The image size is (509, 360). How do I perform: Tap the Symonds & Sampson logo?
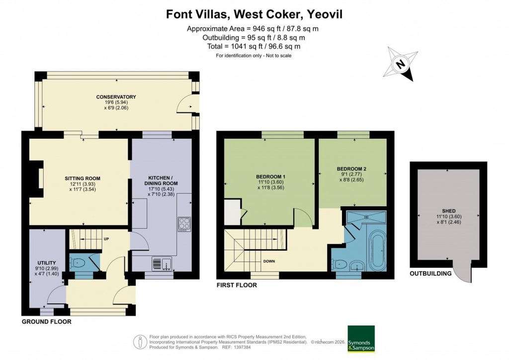pyautogui.click(x=360, y=339)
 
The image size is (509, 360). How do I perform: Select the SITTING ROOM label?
pyautogui.click(x=83, y=178)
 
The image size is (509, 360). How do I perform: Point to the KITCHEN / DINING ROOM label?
pyautogui.click(x=160, y=180)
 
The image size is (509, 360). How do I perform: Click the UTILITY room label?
pyautogui.click(x=47, y=263)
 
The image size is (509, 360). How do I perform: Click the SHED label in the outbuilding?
pyautogui.click(x=448, y=211)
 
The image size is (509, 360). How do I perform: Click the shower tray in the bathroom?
pyautogui.click(x=365, y=217)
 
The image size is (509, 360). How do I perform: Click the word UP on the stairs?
pyautogui.click(x=106, y=238)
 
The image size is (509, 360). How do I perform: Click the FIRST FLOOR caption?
pyautogui.click(x=237, y=285)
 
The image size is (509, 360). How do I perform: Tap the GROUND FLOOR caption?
pyautogui.click(x=46, y=322)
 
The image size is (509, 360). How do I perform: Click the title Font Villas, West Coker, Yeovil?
pyautogui.click(x=254, y=15)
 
